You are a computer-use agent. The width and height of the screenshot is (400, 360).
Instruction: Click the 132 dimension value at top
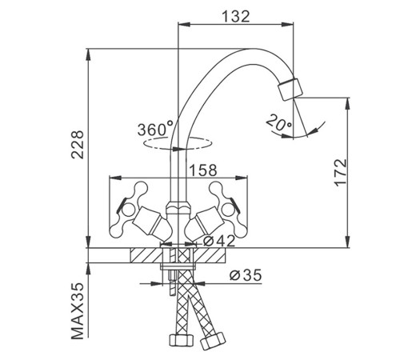236,17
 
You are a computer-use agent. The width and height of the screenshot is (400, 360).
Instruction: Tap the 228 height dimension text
78,145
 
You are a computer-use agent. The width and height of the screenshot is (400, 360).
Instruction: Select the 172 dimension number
341,173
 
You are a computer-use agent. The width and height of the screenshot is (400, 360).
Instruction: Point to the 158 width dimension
203,170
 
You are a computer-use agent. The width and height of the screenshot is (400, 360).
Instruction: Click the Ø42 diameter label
219,241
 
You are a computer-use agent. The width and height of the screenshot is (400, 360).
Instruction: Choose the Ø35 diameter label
246,275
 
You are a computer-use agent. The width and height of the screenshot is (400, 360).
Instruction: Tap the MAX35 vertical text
78,311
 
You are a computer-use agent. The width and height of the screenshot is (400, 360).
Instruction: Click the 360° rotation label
155,129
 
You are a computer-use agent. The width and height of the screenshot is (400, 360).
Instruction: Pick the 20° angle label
279,122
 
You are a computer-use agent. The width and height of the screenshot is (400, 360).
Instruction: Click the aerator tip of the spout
290,90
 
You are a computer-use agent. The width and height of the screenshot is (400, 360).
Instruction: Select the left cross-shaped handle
129,210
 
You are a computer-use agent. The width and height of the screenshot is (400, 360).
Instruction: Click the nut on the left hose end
182,340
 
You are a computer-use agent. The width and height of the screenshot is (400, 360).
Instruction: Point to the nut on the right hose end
213,340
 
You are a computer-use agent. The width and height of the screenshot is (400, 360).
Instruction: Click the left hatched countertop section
146,255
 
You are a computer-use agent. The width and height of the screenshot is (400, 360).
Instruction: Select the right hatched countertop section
210,255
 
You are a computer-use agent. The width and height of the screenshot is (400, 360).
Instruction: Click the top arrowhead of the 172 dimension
347,103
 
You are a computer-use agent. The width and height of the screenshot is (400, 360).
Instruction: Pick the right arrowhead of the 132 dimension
288,25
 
